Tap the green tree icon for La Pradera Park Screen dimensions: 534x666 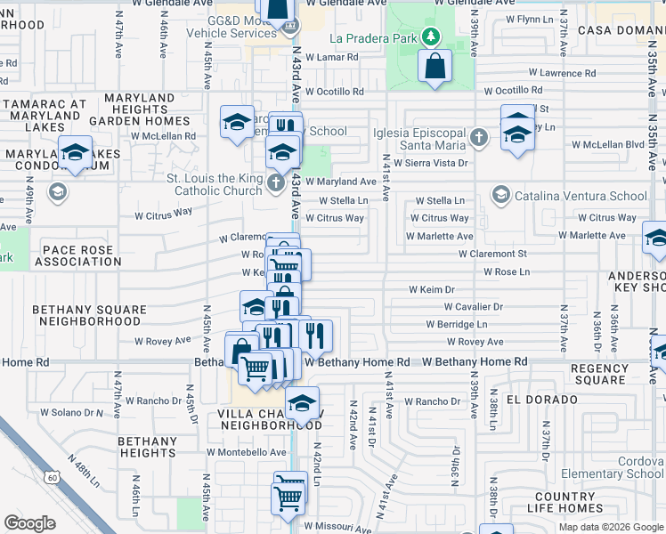click(432, 36)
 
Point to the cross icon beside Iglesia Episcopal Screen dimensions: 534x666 click(479, 137)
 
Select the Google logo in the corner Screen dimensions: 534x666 click(29, 523)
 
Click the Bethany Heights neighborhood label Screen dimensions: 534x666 click(147, 447)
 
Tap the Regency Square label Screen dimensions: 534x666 click(598, 374)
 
